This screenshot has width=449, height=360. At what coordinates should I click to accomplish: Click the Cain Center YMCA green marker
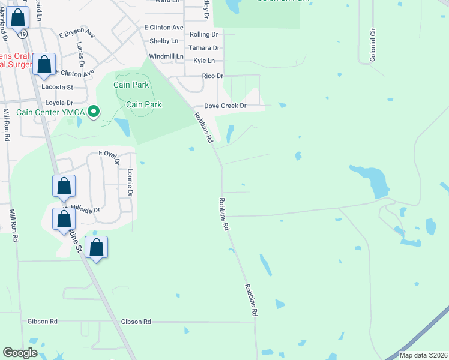94,112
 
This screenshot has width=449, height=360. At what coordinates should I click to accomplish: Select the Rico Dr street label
212,76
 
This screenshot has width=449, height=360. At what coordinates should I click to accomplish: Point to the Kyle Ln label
204,61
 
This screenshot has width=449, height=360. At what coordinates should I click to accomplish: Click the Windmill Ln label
165,56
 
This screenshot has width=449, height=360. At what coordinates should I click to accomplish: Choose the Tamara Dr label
204,47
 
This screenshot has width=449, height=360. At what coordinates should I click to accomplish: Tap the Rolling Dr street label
203,34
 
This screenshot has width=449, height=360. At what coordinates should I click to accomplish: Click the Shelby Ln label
164,41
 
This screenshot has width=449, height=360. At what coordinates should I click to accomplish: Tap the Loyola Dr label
57,103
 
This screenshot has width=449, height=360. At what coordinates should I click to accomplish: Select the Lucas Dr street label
80,54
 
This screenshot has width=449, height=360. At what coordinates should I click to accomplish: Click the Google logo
20,353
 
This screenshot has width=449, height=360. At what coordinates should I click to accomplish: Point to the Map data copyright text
423,355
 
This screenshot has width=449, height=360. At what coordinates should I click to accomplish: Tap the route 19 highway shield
22,35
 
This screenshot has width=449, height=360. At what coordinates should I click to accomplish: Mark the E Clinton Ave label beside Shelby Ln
164,28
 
